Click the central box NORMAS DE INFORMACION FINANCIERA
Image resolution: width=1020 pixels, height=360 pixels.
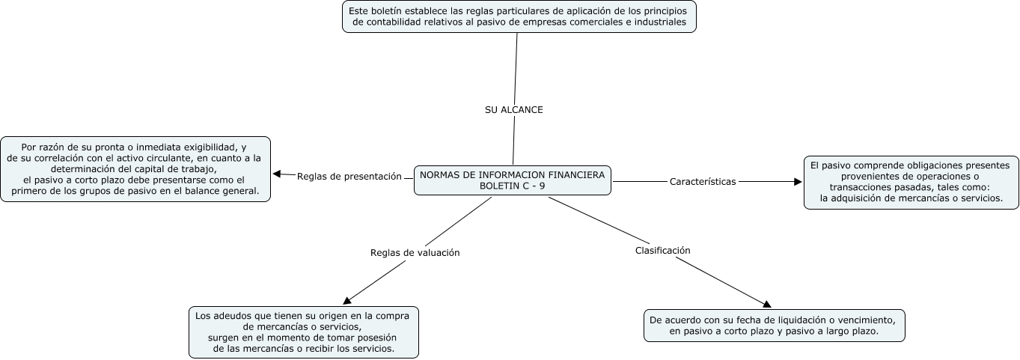(513, 180)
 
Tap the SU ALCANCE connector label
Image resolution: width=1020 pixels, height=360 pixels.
(514, 109)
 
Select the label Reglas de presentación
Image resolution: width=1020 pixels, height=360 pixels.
(349, 177)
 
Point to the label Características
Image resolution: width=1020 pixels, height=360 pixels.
(703, 181)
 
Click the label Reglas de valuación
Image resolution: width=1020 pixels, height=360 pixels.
(415, 253)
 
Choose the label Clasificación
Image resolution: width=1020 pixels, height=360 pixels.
(662, 251)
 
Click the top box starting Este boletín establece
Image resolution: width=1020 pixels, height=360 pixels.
(519, 16)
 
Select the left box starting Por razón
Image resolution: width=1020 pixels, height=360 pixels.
(135, 168)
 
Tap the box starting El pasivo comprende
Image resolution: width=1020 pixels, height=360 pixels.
(910, 182)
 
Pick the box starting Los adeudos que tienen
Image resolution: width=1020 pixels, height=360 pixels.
(304, 332)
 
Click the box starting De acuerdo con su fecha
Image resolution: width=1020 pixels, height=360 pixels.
(775, 325)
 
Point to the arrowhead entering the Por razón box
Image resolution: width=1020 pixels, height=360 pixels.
(277, 174)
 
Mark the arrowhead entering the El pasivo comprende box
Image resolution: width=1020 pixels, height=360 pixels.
(797, 181)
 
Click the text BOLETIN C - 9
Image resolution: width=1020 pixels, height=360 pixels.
(513, 186)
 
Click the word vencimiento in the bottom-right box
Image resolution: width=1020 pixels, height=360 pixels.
(855, 319)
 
